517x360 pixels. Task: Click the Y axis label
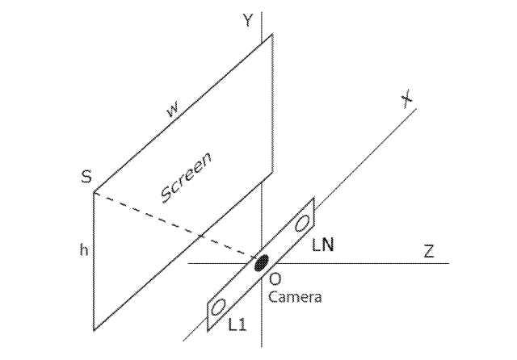[x=247, y=19]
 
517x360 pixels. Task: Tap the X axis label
[x=407, y=98]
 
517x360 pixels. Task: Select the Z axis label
[x=429, y=251]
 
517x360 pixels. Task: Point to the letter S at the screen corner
[x=86, y=177]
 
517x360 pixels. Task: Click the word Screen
[x=186, y=178]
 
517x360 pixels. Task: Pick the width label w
[x=173, y=110]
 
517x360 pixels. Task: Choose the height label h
[x=84, y=249]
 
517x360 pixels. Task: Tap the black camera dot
[x=262, y=262]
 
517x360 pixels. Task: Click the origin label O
[x=275, y=279]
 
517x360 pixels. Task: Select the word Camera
[x=295, y=297]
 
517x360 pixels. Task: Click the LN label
[x=323, y=245]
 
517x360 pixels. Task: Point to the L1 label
[x=237, y=325]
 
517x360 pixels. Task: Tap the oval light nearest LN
[x=301, y=224]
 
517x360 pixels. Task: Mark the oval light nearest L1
[x=218, y=308]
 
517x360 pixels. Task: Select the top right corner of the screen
[x=272, y=34]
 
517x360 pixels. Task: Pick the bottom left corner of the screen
[x=94, y=329]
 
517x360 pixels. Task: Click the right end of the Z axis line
[x=449, y=263]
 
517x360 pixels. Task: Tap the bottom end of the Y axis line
[x=262, y=347]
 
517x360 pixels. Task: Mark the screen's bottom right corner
[x=272, y=172]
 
